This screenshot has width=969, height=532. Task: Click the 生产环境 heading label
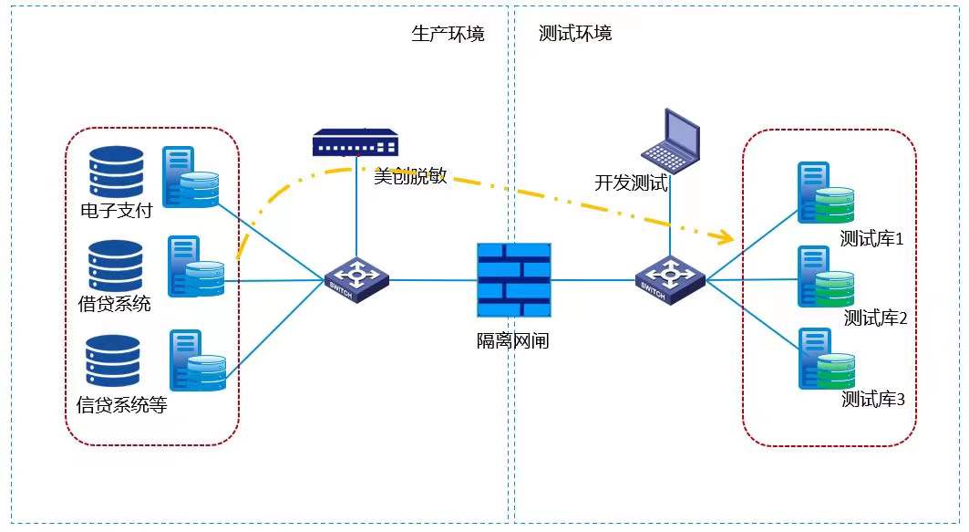(448, 34)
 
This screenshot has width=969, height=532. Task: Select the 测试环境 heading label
(575, 34)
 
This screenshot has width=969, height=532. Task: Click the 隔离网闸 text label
(513, 341)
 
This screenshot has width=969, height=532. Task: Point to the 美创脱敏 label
(410, 176)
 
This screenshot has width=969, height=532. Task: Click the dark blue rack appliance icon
(356, 142)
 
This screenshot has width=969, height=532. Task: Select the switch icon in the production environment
(356, 277)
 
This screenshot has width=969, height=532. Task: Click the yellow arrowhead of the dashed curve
(724, 239)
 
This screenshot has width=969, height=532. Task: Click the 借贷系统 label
(114, 304)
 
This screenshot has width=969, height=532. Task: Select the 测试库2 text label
(874, 318)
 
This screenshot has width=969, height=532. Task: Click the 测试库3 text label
(872, 399)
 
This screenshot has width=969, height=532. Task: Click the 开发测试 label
(631, 183)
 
